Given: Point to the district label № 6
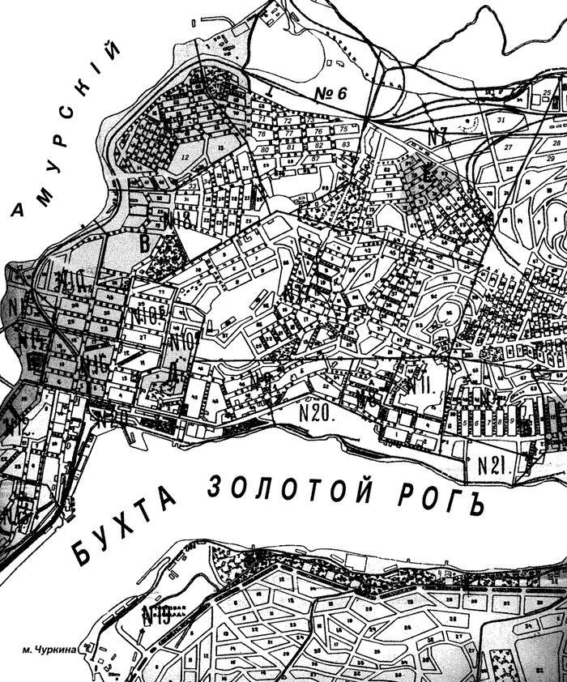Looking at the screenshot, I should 330,94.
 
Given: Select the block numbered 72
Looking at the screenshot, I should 288,121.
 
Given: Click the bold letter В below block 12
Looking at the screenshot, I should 145,241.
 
